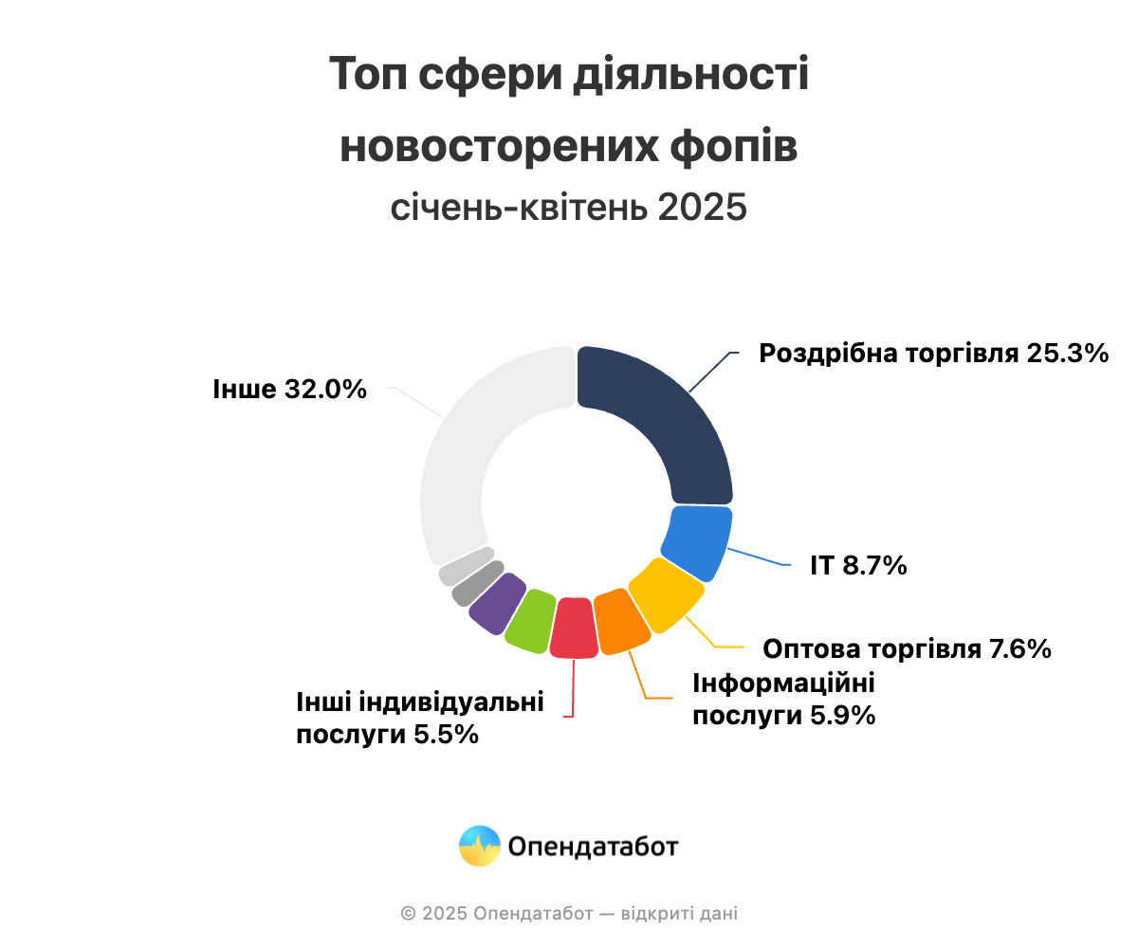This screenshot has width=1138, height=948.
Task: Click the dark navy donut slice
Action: (x=664, y=427)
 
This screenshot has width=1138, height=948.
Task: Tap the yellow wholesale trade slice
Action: (x=666, y=595)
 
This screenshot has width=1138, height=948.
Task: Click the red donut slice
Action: (x=574, y=629)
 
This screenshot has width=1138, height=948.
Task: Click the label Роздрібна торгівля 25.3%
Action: (x=934, y=355)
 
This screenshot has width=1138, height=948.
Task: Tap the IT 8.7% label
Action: (x=858, y=566)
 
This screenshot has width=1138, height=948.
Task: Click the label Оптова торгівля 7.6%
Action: (x=907, y=649)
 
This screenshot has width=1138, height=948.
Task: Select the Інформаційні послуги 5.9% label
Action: (x=783, y=699)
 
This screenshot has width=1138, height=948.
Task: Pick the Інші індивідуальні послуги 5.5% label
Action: (x=420, y=718)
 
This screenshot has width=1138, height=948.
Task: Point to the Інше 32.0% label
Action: (x=290, y=389)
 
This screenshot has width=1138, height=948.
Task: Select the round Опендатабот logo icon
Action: (x=480, y=846)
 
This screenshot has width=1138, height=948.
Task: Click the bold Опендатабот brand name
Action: (x=593, y=847)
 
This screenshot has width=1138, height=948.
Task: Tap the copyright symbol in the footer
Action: (x=408, y=914)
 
